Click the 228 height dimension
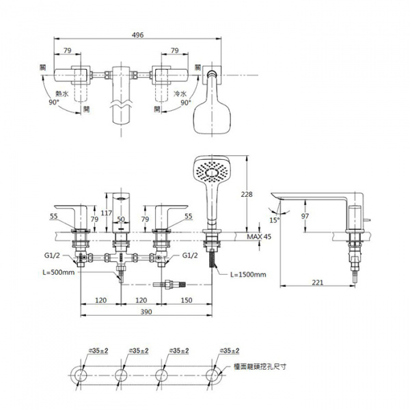tap(247, 194)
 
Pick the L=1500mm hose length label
tap(248, 274)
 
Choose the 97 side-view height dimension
tap(305, 216)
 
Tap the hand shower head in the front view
tap(210, 171)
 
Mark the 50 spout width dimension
tap(121, 219)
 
